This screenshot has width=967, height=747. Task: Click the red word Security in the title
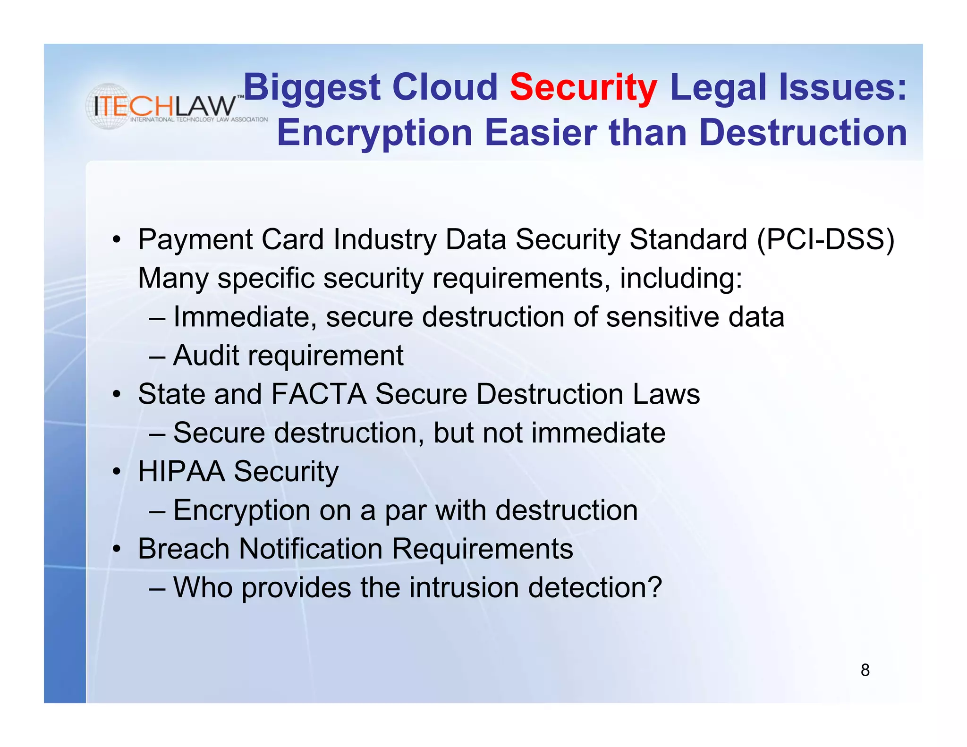pyautogui.click(x=583, y=88)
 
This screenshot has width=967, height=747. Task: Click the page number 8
pyautogui.click(x=865, y=670)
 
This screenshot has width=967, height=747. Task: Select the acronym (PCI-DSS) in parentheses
pyautogui.click(x=825, y=239)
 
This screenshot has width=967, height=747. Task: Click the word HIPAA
pyautogui.click(x=181, y=472)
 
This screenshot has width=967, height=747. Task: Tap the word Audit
pyautogui.click(x=206, y=356)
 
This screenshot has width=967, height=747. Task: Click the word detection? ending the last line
pyautogui.click(x=595, y=588)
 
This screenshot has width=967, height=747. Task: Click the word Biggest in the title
pyautogui.click(x=312, y=88)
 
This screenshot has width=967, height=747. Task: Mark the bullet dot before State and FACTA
pyautogui.click(x=117, y=394)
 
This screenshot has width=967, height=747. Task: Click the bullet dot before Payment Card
pyautogui.click(x=117, y=239)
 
